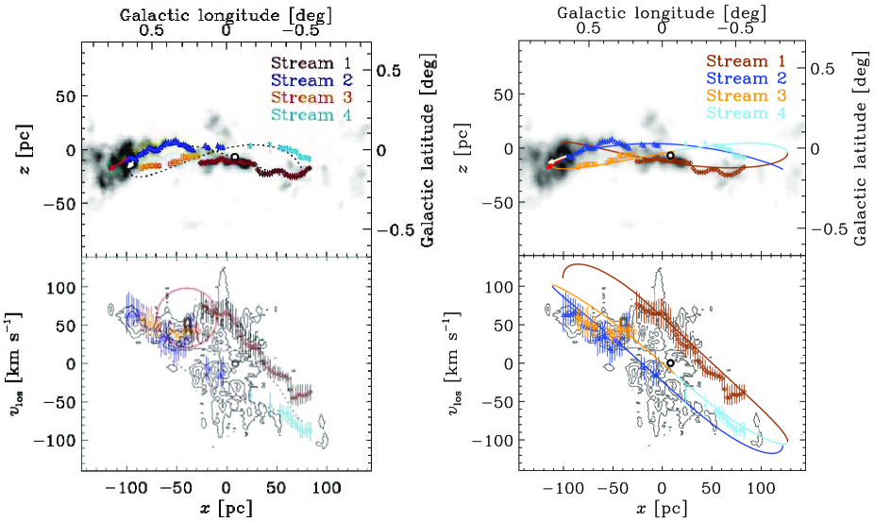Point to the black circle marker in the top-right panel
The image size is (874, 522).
(670, 155)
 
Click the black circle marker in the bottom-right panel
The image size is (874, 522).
(670, 362)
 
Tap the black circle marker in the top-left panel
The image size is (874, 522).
(234, 156)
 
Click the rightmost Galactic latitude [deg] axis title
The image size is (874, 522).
(862, 151)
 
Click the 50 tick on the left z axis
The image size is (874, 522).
(66, 96)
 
